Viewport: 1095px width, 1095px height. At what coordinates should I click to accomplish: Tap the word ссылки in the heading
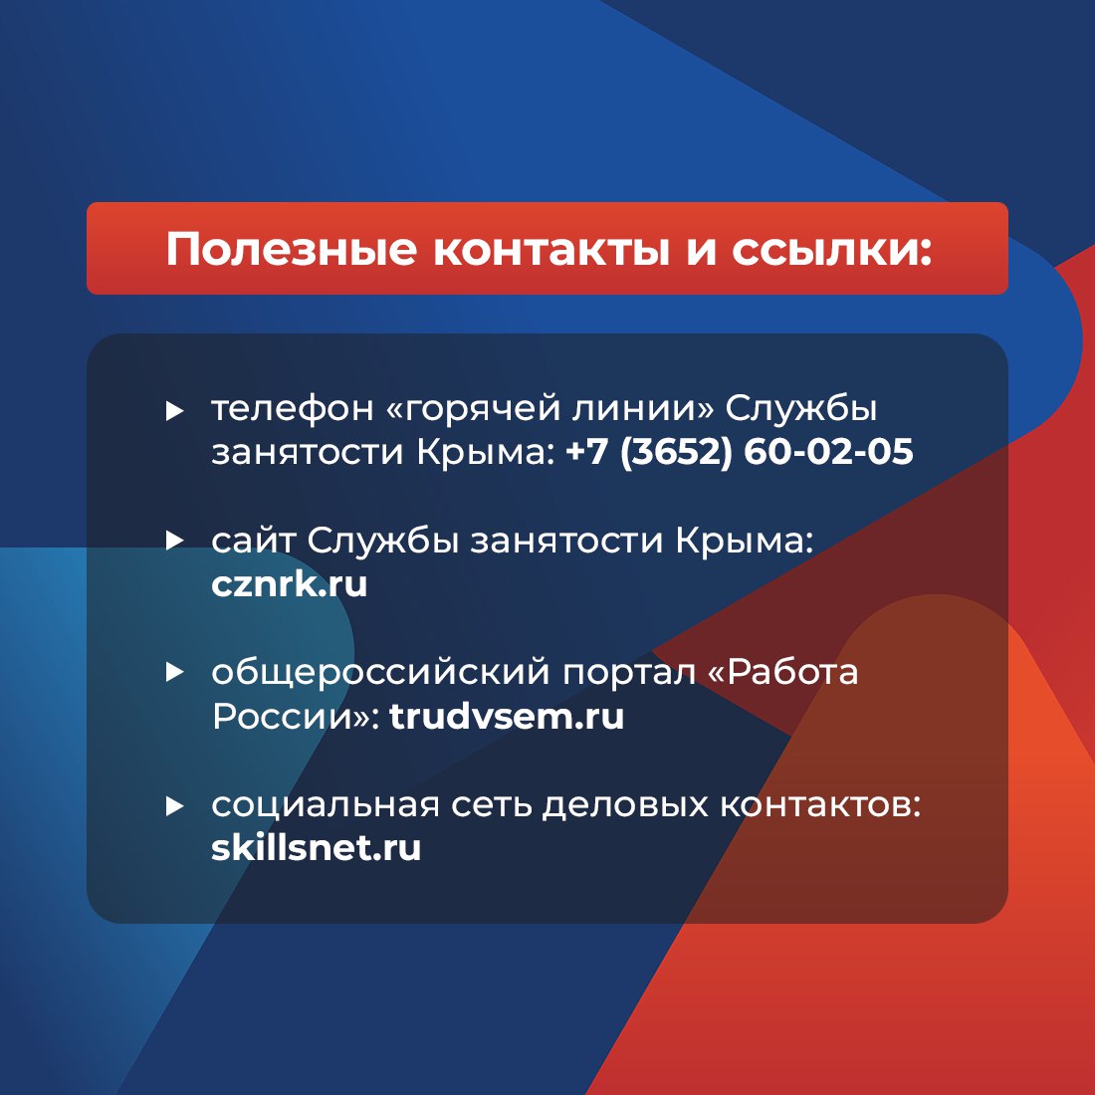[x=831, y=249]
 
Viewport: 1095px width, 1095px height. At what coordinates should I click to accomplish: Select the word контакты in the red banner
[x=549, y=249]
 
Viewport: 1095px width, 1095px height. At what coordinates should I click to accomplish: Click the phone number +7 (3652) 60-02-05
[x=739, y=452]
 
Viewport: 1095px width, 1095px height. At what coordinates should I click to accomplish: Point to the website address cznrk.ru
[x=289, y=583]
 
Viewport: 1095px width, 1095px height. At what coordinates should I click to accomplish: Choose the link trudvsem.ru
[x=507, y=716]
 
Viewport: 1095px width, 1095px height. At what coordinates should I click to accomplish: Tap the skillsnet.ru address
[x=316, y=848]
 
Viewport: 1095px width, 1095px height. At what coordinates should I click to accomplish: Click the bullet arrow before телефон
[x=175, y=410]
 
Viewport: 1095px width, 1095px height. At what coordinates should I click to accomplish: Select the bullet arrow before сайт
[x=175, y=541]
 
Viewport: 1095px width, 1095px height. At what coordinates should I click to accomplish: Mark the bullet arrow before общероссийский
[x=175, y=673]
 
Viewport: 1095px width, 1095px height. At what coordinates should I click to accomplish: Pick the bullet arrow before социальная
[x=175, y=805]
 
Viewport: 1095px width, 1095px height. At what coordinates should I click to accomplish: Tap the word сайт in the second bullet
[x=253, y=541]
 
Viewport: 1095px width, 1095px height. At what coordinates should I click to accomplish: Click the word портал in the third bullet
[x=629, y=673]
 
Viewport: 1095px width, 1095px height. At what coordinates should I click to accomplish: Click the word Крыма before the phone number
[x=484, y=452]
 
